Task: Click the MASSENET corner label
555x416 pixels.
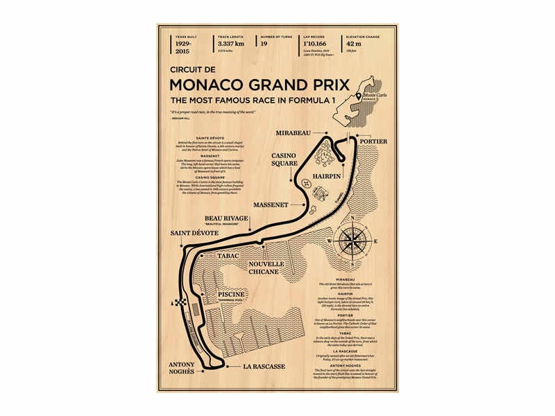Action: [x=273, y=205]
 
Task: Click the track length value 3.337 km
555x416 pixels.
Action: [x=231, y=43]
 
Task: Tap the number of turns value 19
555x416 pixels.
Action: [x=264, y=43]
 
